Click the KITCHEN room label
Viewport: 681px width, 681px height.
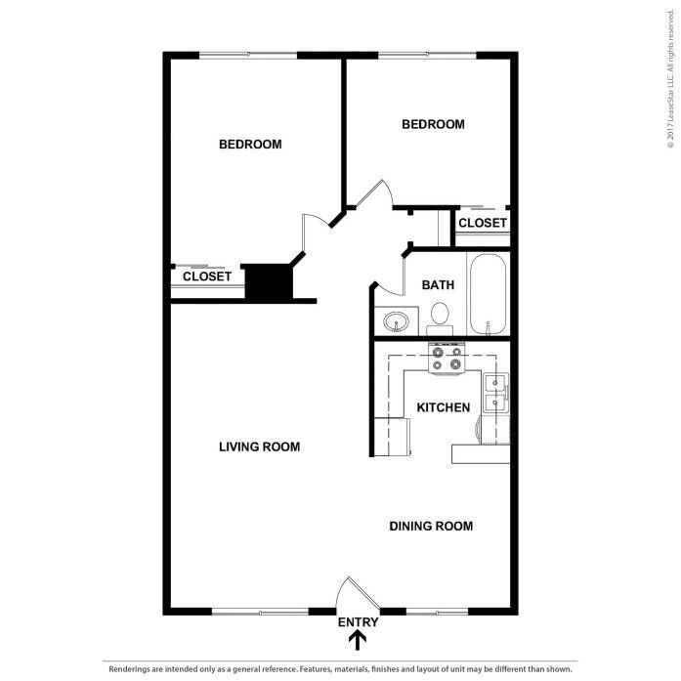pyautogui.click(x=443, y=407)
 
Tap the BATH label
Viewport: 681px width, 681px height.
pyautogui.click(x=438, y=285)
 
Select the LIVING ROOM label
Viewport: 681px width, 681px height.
pyautogui.click(x=259, y=447)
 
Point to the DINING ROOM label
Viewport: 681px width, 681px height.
pyautogui.click(x=431, y=526)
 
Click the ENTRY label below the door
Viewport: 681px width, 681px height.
pyautogui.click(x=358, y=622)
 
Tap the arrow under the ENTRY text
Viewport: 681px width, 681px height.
pyautogui.click(x=358, y=641)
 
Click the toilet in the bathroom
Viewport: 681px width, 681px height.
pyautogui.click(x=440, y=319)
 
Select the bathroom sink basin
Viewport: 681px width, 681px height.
pyautogui.click(x=396, y=321)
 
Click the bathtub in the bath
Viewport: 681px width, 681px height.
pyautogui.click(x=488, y=294)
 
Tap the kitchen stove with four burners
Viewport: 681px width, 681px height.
pyautogui.click(x=447, y=358)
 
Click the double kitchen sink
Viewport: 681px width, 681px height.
pyautogui.click(x=495, y=393)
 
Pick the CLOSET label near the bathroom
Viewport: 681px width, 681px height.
pyautogui.click(x=483, y=223)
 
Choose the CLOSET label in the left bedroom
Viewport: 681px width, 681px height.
pyautogui.click(x=207, y=277)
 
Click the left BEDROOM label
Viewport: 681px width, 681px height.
pyautogui.click(x=250, y=145)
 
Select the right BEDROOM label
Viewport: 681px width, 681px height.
pyautogui.click(x=433, y=124)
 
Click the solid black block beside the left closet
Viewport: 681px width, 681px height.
pyautogui.click(x=269, y=281)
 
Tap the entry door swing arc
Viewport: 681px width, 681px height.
pyautogui.click(x=340, y=591)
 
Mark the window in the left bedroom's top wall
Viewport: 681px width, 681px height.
pyautogui.click(x=248, y=55)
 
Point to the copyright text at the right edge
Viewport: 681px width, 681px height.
pyautogui.click(x=671, y=78)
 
